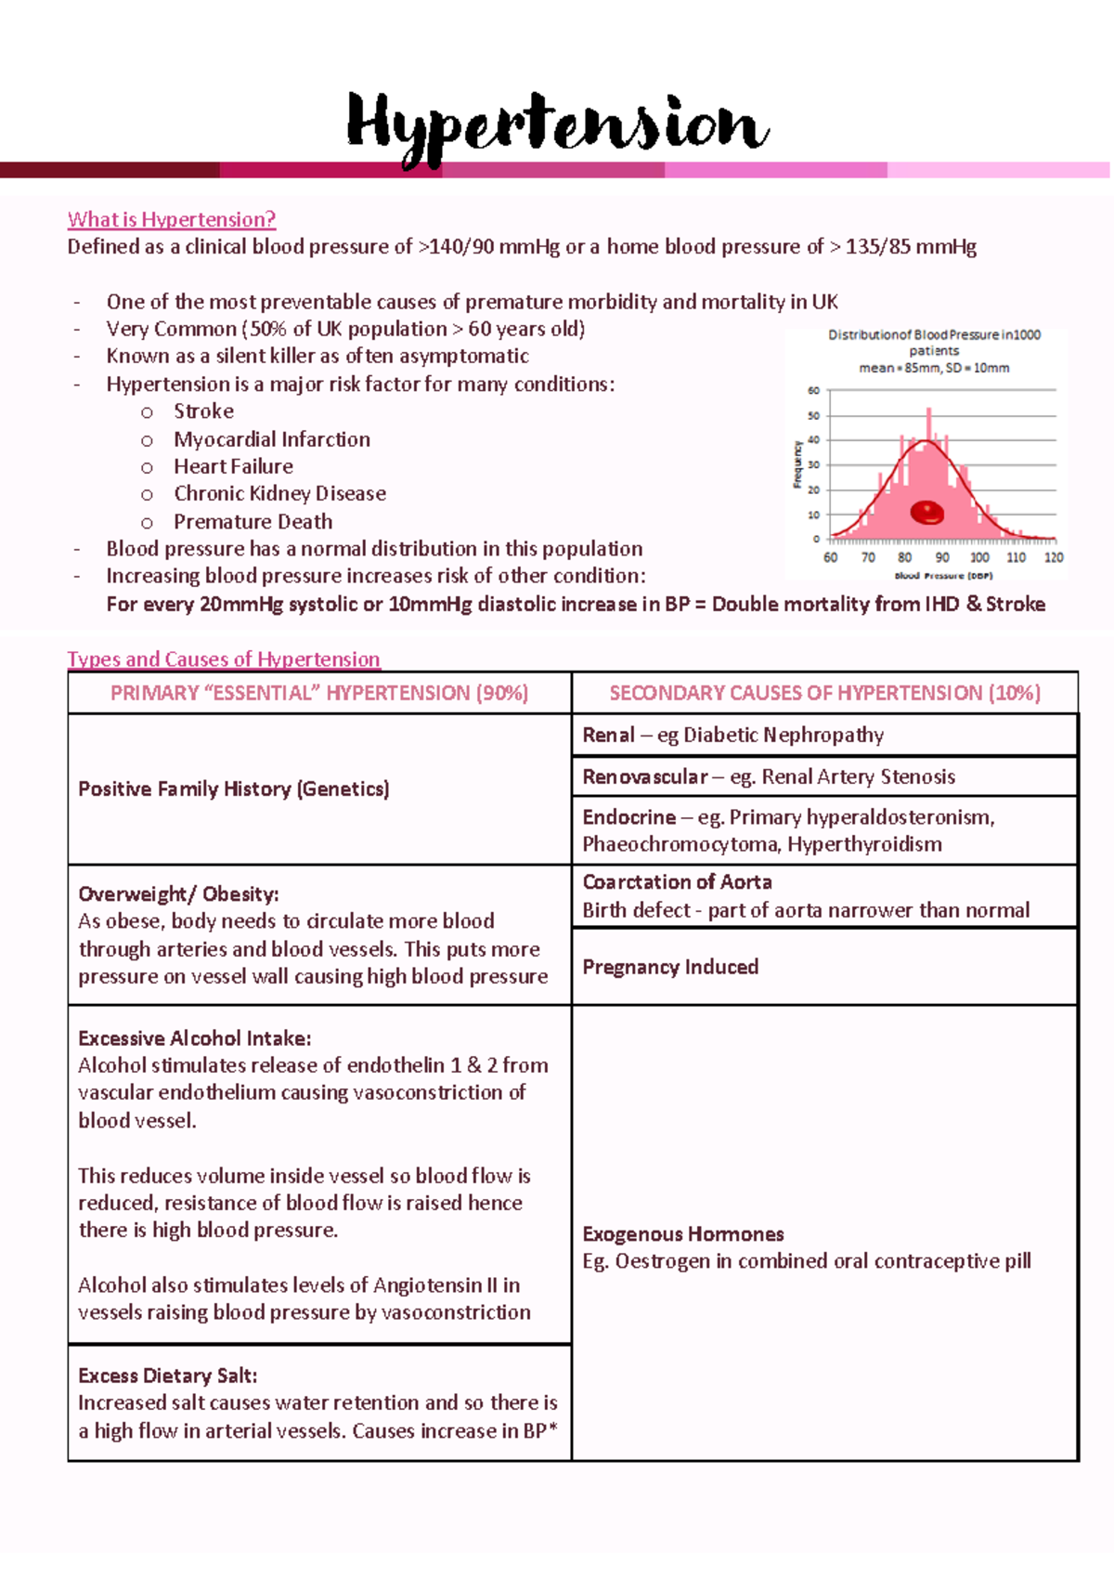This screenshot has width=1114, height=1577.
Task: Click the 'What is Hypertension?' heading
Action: [x=172, y=220]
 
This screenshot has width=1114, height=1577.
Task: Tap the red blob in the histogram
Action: [x=926, y=512]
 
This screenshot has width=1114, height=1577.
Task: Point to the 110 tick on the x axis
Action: [x=1016, y=557]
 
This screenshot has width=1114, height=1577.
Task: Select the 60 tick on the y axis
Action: [x=813, y=391]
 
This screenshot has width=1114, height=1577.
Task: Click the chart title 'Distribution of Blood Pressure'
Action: [x=934, y=335]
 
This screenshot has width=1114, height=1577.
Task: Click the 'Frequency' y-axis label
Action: [x=797, y=464]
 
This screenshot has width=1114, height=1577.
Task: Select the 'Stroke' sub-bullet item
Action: [x=203, y=411]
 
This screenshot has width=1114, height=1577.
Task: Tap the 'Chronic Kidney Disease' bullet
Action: [x=279, y=494]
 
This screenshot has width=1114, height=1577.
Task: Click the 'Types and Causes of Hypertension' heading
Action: [x=224, y=659]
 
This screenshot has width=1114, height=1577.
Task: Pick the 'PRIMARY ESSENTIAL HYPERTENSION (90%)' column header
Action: [x=319, y=693]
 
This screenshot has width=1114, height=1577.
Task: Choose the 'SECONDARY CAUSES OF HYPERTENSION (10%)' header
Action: [x=824, y=693]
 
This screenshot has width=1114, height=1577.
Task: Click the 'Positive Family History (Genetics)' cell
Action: [x=234, y=789]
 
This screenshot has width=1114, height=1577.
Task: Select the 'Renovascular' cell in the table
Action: [x=644, y=777]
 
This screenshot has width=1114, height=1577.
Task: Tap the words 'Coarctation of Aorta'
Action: [x=677, y=882]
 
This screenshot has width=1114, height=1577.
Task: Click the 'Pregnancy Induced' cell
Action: [x=670, y=967]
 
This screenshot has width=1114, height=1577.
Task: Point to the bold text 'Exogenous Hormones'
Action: [x=683, y=1234]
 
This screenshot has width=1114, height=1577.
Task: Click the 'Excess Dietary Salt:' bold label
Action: [x=168, y=1375]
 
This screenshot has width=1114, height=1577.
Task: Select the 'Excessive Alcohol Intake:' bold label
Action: [x=195, y=1038]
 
